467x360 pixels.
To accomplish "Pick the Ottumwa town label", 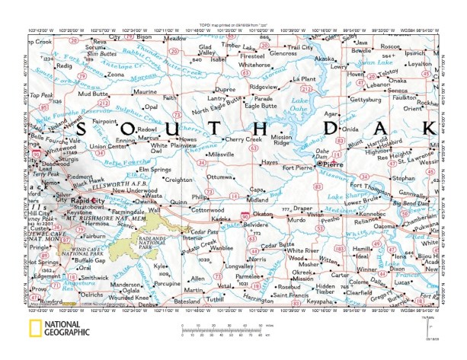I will click(x=220, y=177).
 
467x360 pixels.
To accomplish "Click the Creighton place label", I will click(x=180, y=180).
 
